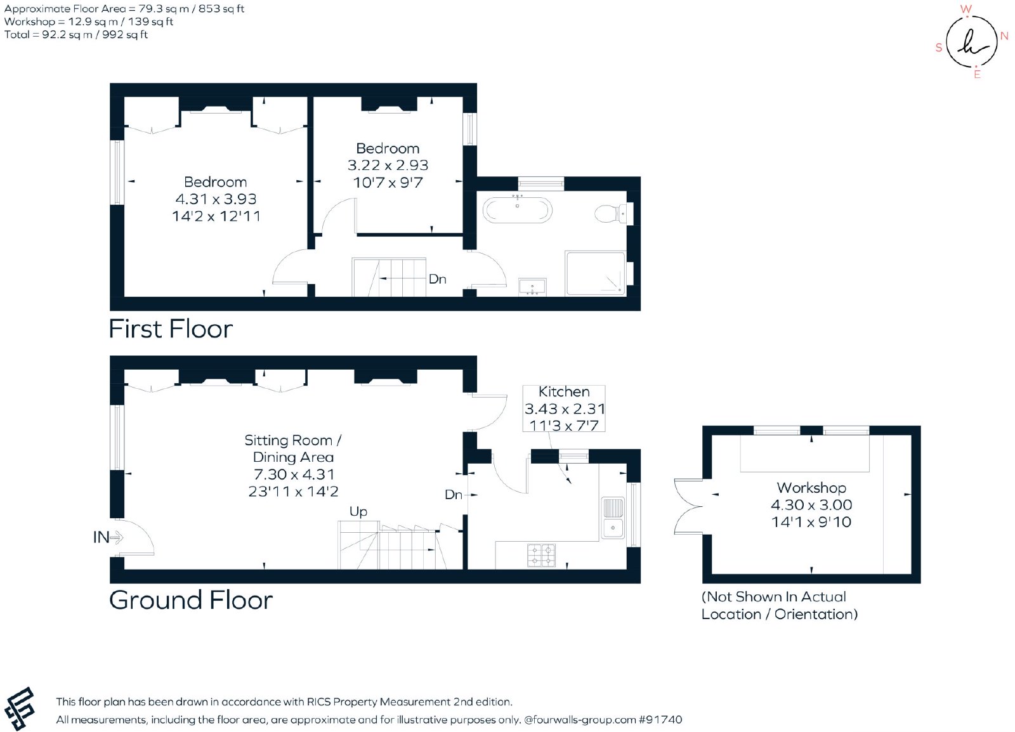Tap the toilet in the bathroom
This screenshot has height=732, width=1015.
(x=613, y=213)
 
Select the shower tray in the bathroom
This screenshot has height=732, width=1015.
(x=596, y=273)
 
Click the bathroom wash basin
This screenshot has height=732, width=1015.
(x=532, y=287)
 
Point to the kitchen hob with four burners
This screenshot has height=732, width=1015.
(x=542, y=555)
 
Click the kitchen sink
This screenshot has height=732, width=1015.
(x=613, y=519)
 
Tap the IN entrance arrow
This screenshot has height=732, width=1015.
(x=117, y=538)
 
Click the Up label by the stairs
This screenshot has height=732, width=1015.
(x=358, y=512)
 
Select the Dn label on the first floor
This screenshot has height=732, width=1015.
(x=437, y=279)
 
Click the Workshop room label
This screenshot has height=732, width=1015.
(x=811, y=488)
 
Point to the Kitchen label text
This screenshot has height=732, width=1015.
(x=564, y=392)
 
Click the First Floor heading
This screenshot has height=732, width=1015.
(x=171, y=329)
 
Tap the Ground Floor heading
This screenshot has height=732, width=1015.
(x=191, y=601)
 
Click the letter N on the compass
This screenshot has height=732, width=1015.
(x=1004, y=36)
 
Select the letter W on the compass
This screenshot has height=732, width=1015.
(x=966, y=9)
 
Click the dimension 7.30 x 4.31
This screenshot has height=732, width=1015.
(x=294, y=474)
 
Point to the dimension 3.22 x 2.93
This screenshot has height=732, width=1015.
(x=388, y=166)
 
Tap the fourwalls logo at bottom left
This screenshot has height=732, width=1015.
(x=20, y=709)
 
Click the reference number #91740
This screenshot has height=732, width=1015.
(x=660, y=720)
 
